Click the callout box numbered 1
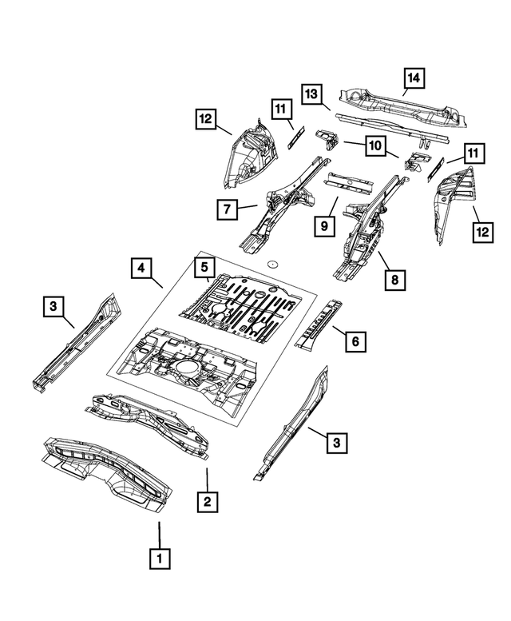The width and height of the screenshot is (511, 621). click(x=160, y=557)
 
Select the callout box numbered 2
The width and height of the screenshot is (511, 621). click(x=207, y=501)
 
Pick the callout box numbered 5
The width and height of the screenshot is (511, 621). click(x=204, y=266)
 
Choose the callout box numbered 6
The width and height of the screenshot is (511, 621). click(x=355, y=342)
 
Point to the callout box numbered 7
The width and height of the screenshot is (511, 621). click(x=228, y=210)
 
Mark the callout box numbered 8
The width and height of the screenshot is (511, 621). click(x=393, y=280)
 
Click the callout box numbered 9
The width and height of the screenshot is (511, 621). click(x=324, y=227)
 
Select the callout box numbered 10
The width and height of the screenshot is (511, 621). click(x=373, y=145)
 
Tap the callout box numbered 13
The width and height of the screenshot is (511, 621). click(x=313, y=94)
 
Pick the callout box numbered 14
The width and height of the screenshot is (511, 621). click(x=414, y=78)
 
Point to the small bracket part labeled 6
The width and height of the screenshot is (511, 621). click(x=318, y=323)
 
